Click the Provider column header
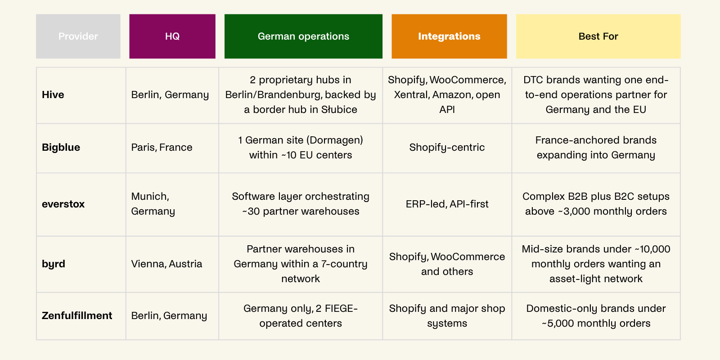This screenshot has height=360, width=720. (x=78, y=36)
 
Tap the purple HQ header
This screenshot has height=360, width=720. (x=172, y=36)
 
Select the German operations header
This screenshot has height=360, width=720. (x=303, y=36)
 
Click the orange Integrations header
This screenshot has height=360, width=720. (x=449, y=36)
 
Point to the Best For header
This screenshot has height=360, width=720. (x=598, y=36)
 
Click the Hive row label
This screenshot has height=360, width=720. (x=53, y=95)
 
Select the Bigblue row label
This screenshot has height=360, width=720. (x=61, y=148)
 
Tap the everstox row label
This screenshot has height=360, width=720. (x=63, y=204)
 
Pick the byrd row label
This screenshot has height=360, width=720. (x=54, y=264)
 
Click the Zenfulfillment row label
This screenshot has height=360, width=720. (x=77, y=315)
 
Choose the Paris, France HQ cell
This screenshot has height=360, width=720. (x=162, y=148)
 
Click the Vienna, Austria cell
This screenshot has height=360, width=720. (x=166, y=264)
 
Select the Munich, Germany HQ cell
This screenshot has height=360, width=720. (x=153, y=204)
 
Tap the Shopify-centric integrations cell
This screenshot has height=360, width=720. (x=447, y=148)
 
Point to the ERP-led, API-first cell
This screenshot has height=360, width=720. (x=447, y=204)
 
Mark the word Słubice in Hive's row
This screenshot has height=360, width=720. (x=339, y=110)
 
